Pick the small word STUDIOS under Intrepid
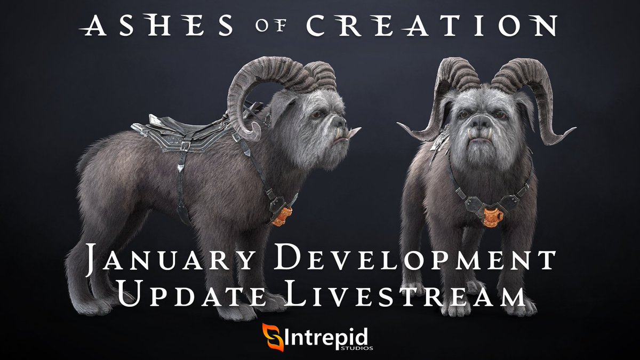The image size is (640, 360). pos(359,347)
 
